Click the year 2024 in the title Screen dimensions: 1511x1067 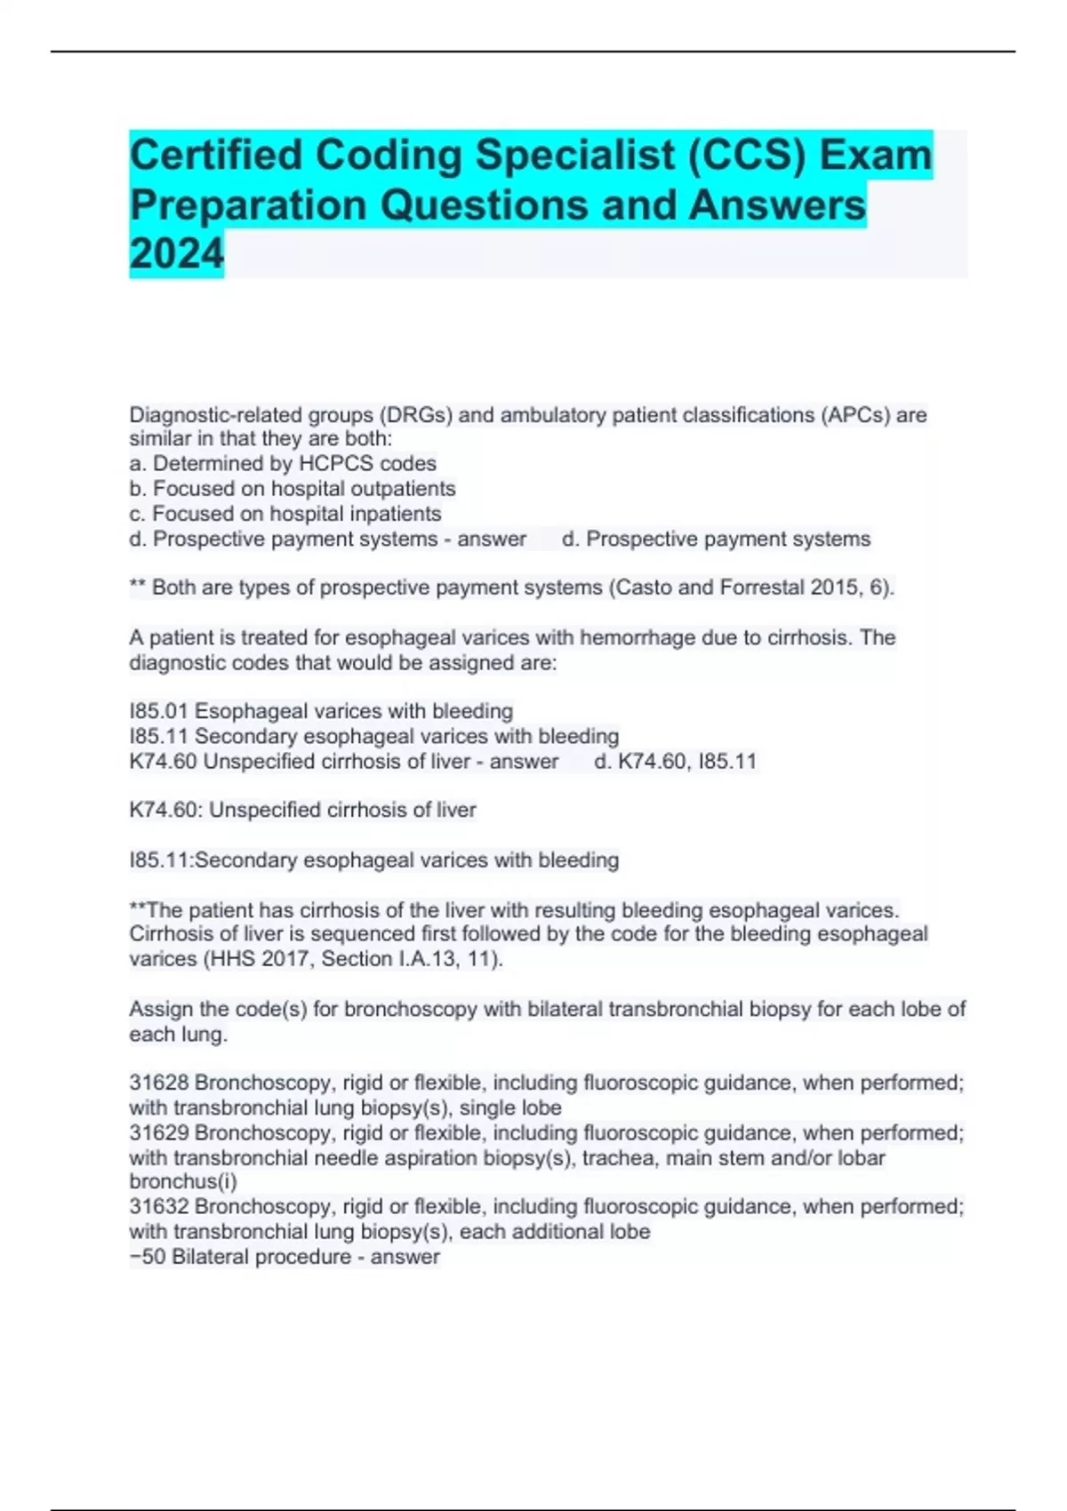[176, 254]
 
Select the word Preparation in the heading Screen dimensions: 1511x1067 [248, 204]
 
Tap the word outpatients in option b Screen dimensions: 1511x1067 [403, 489]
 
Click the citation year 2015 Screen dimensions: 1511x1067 [836, 588]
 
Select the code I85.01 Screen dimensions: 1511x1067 [158, 711]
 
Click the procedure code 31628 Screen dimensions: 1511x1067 [158, 1083]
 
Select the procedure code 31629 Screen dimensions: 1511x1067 [158, 1133]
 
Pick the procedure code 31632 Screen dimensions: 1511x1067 [158, 1206]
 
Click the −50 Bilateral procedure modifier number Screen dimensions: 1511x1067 [148, 1257]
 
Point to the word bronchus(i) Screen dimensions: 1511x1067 [183, 1181]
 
